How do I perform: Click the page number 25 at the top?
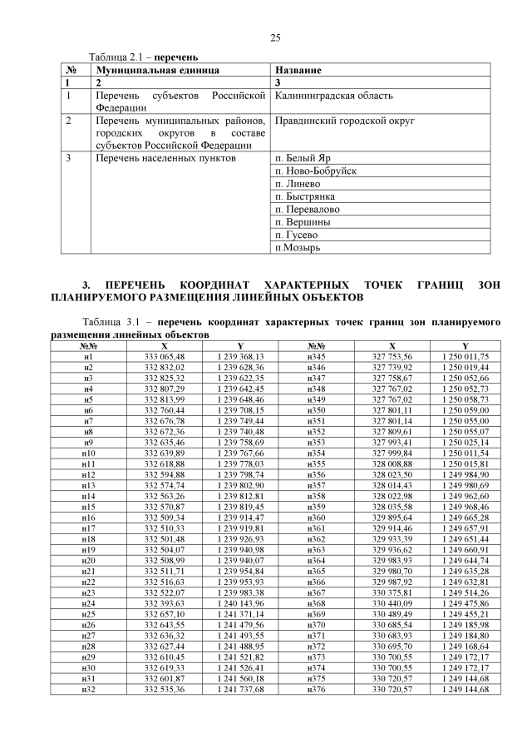pos(275,37)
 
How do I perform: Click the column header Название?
pos(298,71)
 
